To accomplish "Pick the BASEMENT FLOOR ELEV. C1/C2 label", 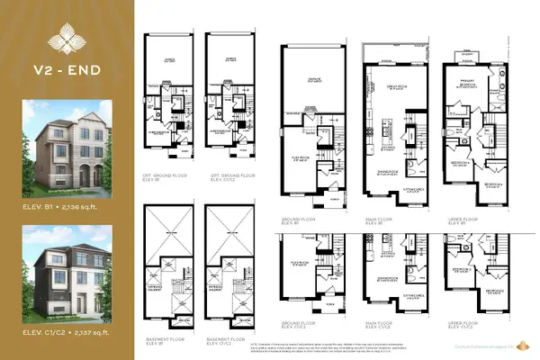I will [222, 341].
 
